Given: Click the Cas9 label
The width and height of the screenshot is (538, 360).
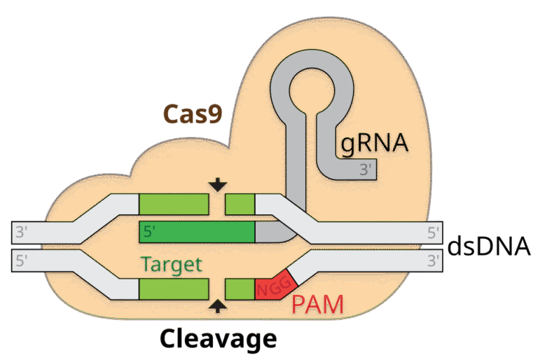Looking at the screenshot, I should [193, 113].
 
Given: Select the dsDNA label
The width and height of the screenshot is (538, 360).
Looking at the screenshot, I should [488, 247].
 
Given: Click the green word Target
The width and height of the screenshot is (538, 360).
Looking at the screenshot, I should [171, 265].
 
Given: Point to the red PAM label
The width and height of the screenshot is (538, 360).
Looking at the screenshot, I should [317, 305].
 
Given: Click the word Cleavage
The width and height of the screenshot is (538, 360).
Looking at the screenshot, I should [218, 339].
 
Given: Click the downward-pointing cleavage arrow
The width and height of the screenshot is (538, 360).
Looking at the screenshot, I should [219, 184].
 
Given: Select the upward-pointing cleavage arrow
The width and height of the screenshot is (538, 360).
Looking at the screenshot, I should [219, 305].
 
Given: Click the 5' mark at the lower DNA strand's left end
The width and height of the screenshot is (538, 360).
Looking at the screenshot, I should [22, 261].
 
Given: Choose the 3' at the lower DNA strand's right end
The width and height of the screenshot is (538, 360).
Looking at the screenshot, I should [434, 261].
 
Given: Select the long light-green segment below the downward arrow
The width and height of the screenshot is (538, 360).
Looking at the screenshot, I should [174, 204].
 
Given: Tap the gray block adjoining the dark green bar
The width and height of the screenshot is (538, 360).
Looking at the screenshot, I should [267, 232].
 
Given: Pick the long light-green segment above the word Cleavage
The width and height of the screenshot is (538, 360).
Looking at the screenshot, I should [174, 289].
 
